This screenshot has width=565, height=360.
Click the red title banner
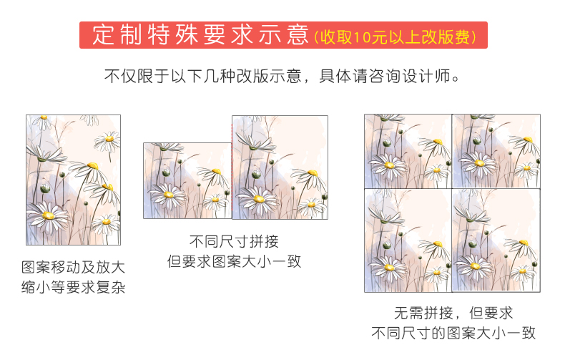click(283, 35)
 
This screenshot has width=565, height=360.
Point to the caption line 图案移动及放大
click(73, 267)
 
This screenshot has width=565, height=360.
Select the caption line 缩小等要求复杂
click(73, 287)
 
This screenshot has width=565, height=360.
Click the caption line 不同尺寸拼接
click(234, 241)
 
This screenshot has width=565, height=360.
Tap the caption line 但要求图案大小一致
click(234, 261)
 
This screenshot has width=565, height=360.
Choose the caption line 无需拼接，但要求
click(453, 313)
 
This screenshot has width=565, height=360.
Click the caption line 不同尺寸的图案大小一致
click(453, 333)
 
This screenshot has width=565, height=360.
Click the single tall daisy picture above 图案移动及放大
click(73, 180)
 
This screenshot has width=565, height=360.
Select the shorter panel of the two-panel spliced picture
click(187, 181)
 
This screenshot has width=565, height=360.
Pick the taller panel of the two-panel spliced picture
click(280, 167)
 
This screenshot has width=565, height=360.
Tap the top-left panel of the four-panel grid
click(408, 151)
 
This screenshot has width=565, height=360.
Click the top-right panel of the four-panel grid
click(496, 151)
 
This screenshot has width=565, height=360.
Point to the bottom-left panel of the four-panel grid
click(408, 240)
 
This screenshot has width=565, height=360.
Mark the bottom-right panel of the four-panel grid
click(496, 240)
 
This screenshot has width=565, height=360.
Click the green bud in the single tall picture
click(45, 188)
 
